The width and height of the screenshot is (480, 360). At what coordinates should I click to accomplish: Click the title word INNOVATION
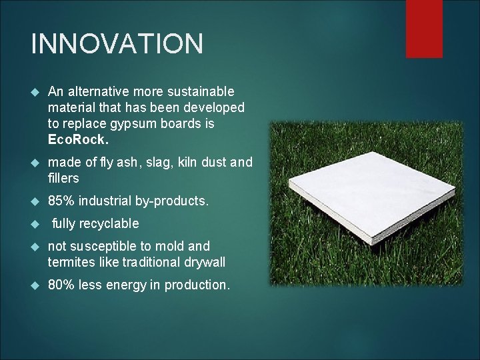point(117,44)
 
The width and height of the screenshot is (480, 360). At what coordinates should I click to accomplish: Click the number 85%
point(61,201)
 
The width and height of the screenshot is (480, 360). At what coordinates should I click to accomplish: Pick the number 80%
point(61,285)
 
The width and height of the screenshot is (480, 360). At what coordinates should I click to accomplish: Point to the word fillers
point(63,178)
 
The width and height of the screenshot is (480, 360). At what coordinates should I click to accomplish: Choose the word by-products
point(175,201)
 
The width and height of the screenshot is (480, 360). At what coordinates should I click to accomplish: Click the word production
point(197,285)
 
